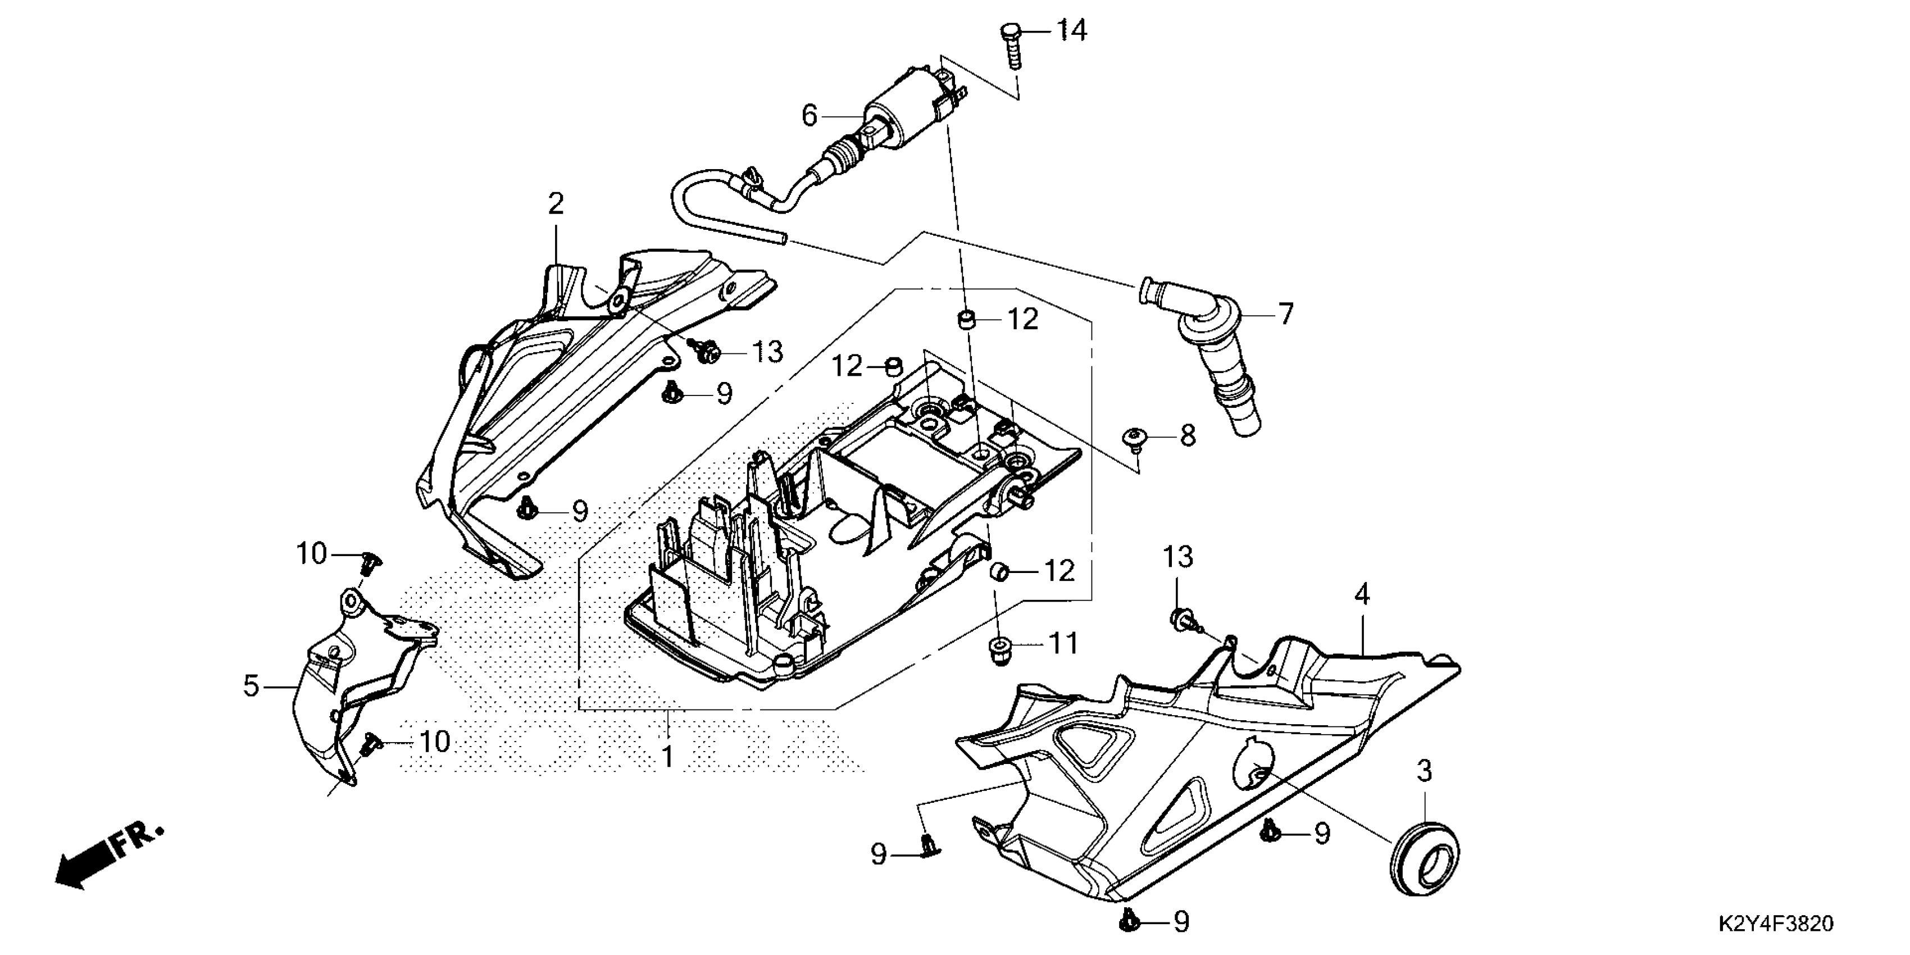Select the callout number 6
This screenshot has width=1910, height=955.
coord(810,116)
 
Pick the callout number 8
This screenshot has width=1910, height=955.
coord(1187,435)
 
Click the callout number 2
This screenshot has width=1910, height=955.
coord(556,203)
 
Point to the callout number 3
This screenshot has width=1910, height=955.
coord(1424,772)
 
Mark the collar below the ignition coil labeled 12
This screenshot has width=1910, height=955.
coord(965,320)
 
